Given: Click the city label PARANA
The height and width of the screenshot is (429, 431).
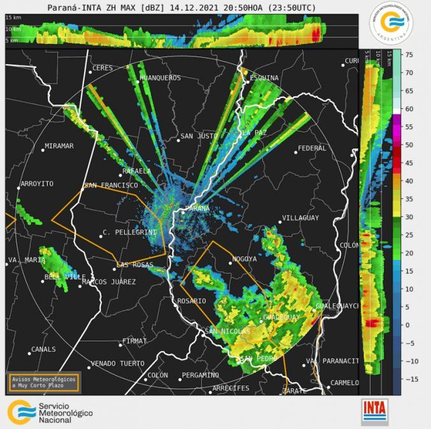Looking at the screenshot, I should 197,209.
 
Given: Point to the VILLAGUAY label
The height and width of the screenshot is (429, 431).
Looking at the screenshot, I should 300,218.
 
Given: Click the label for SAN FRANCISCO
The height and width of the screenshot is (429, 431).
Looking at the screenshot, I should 111,186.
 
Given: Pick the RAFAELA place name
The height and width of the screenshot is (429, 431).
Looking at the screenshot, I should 137,172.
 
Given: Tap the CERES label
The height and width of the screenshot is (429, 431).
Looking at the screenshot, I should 102,68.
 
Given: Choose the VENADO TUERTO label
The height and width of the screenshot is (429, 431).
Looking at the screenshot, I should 117,364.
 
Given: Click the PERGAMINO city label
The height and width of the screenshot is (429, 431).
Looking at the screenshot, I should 200,375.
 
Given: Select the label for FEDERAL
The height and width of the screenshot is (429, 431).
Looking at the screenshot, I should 312,148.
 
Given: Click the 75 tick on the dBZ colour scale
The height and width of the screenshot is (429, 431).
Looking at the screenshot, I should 410,55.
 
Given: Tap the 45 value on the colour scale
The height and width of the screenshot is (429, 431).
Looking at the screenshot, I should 410,163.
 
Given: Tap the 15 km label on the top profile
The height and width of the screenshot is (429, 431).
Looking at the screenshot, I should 13,18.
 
